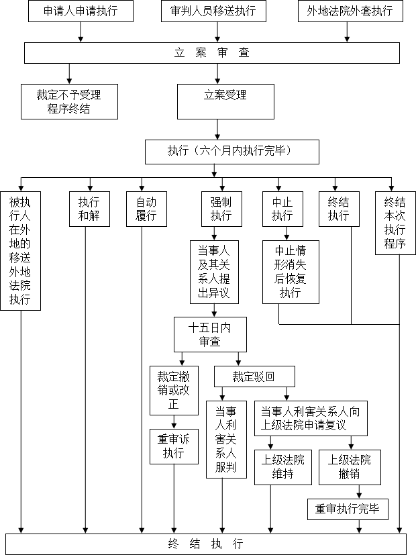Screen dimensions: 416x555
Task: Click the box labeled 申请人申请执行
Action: pos(81,11)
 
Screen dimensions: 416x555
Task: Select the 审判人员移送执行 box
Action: pos(213,11)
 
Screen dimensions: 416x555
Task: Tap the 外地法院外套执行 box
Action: pos(350,11)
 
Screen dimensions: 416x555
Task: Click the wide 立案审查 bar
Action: pos(212,53)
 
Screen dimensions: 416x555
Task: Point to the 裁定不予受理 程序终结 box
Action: pos(69,101)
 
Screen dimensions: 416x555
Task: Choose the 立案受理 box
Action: pos(225,101)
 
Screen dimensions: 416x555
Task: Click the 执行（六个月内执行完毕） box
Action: pos(232,152)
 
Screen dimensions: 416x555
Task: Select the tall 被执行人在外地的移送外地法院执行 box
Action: pos(21,251)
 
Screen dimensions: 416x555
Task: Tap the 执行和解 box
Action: pos(89,209)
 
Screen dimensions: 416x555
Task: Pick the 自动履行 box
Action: pos(146,209)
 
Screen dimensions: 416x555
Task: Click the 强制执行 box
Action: pos(222,209)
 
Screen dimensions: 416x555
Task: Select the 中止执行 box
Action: pos(282,209)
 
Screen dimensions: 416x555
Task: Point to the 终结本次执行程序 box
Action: pos(395,223)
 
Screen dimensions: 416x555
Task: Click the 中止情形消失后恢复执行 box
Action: pos(291,272)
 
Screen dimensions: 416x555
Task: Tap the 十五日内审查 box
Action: pos(210,334)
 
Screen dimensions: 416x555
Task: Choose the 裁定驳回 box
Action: pos(254,376)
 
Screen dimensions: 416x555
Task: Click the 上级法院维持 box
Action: pos(283,467)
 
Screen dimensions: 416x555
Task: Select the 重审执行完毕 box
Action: pos(348,509)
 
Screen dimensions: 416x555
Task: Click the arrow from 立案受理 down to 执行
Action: pos(217,130)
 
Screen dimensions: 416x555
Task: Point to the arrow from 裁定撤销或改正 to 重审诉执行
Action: pos(174,422)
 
